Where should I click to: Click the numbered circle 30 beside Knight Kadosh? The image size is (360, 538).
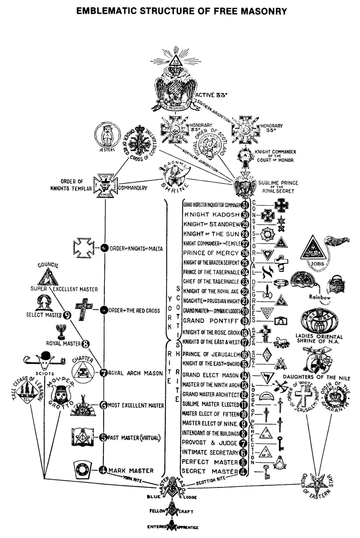[245, 215]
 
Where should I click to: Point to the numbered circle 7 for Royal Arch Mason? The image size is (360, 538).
[103, 373]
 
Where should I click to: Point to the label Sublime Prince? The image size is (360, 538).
[278, 183]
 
